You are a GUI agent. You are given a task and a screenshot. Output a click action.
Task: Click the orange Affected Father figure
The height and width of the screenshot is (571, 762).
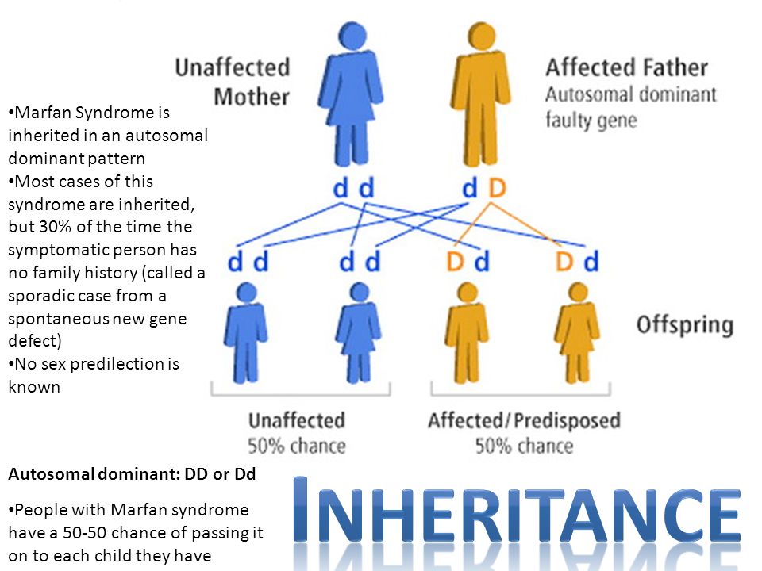(x=481, y=94)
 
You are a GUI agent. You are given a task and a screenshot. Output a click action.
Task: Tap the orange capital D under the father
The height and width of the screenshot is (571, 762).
(x=497, y=188)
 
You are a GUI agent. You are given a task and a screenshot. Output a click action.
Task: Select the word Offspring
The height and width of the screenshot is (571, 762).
(x=685, y=325)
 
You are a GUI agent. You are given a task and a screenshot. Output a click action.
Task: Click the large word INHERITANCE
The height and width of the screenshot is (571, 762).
(x=517, y=510)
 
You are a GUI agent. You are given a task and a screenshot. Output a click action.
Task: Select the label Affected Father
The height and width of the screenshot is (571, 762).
(x=626, y=67)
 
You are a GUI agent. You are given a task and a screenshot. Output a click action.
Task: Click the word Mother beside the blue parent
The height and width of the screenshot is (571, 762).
(x=252, y=97)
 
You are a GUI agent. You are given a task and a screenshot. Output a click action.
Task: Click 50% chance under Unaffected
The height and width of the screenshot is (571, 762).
(x=296, y=446)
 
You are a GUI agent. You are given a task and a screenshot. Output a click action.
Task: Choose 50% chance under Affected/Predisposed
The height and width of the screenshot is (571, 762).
(x=524, y=446)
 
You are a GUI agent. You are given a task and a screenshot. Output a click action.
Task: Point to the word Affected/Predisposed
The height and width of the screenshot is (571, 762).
(x=524, y=420)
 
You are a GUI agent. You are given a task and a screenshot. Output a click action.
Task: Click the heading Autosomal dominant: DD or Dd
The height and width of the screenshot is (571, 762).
(x=132, y=474)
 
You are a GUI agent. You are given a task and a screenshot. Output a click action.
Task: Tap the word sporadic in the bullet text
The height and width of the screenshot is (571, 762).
(x=40, y=296)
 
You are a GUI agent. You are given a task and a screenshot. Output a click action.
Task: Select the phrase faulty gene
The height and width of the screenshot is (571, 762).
(x=591, y=120)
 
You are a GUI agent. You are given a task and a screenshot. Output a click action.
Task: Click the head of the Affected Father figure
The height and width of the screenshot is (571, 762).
(x=482, y=36)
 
